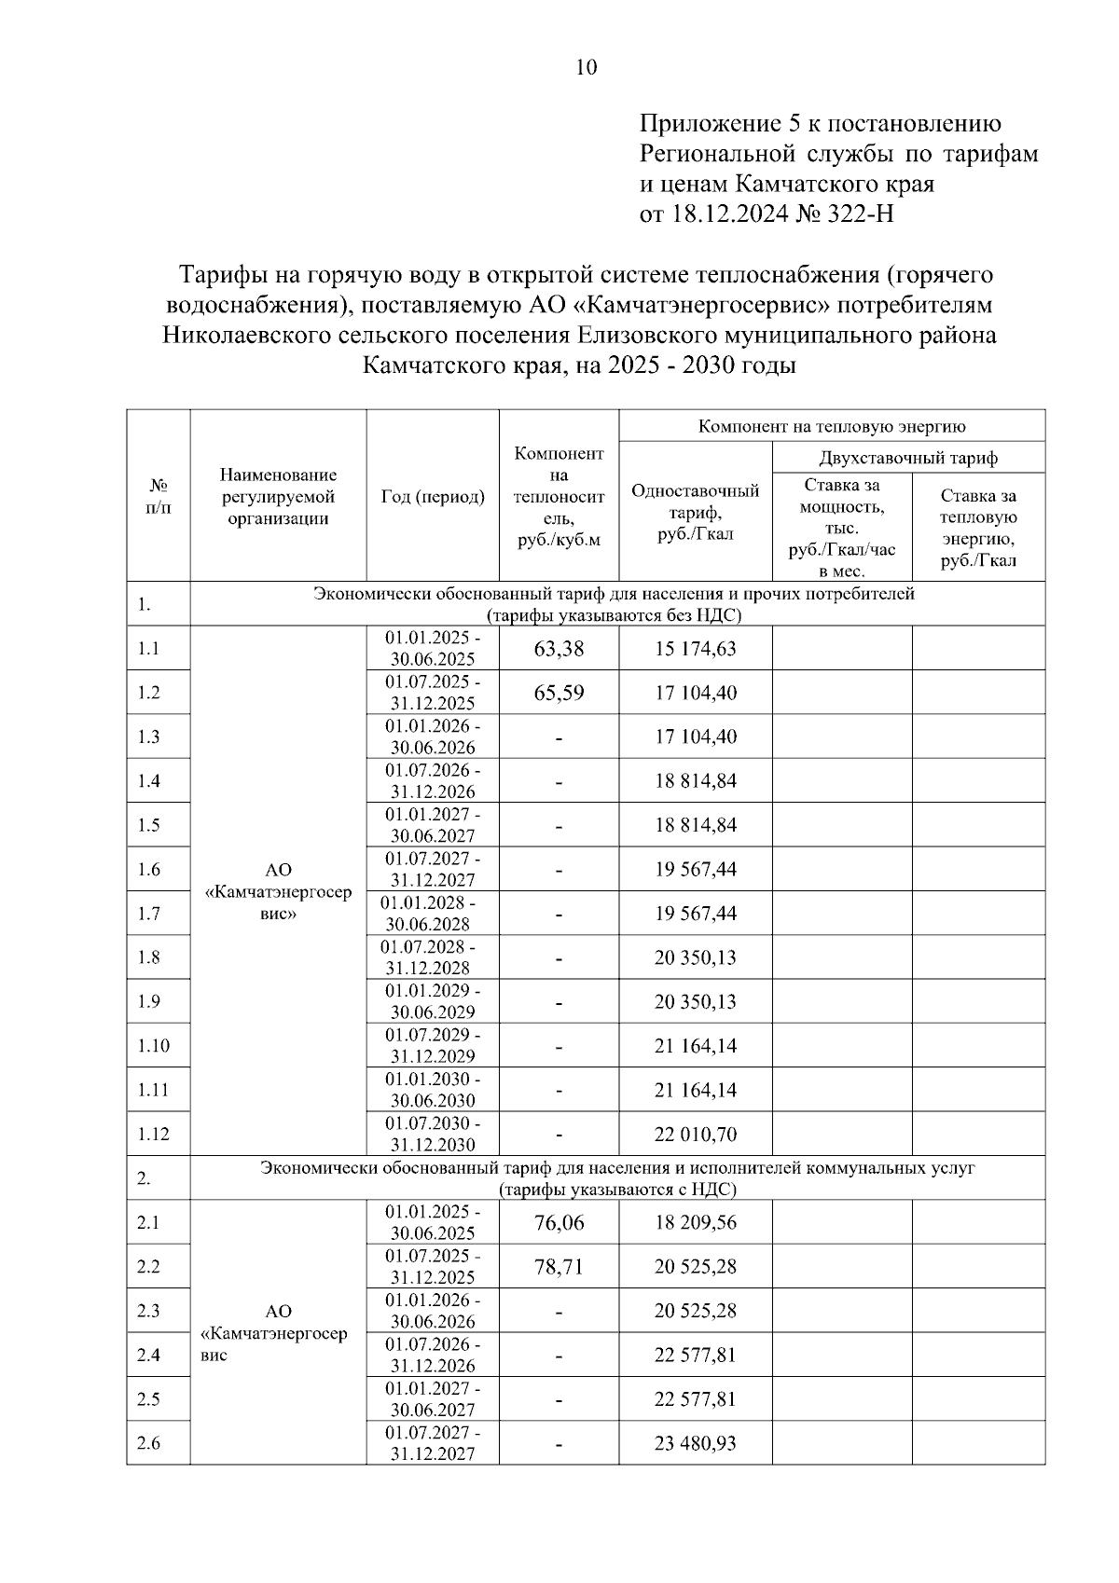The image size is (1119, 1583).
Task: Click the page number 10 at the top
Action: tap(587, 67)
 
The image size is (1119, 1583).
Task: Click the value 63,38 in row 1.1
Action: tap(559, 649)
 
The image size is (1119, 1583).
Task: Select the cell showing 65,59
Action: tap(559, 693)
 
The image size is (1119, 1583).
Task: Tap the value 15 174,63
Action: tap(695, 649)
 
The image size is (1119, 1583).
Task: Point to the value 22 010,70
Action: tap(695, 1135)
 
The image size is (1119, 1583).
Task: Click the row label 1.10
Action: tap(153, 1046)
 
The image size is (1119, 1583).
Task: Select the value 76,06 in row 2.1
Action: tap(559, 1222)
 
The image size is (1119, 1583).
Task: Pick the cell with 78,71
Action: tap(559, 1267)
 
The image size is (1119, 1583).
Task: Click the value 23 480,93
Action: tap(695, 1443)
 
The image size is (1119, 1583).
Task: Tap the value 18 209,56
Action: tap(695, 1222)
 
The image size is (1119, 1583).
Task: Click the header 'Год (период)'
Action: tap(433, 497)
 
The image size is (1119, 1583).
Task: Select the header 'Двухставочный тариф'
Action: tap(907, 458)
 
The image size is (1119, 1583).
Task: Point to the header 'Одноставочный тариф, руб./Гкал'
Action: tap(695, 512)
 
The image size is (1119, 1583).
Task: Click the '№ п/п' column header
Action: tap(159, 497)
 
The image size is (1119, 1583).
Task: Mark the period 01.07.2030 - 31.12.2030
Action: tap(433, 1135)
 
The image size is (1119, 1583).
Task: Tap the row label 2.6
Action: tap(148, 1443)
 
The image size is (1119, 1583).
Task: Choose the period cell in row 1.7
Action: tap(433, 914)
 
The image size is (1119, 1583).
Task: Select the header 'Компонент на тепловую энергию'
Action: tap(831, 427)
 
